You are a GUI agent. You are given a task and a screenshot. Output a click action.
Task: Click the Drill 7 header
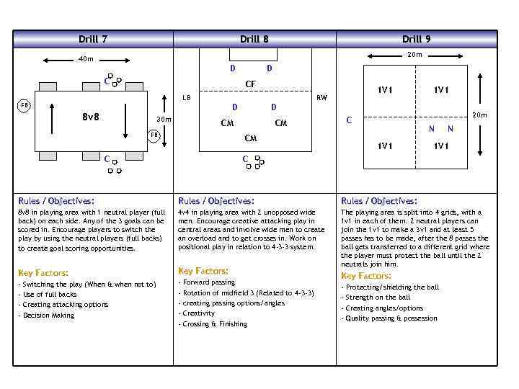click(x=93, y=39)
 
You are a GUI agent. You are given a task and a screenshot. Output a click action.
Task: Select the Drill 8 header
click(x=254, y=39)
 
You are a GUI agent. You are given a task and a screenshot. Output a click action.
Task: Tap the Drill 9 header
click(x=417, y=39)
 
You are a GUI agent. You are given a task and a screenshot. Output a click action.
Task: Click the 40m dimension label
click(x=86, y=59)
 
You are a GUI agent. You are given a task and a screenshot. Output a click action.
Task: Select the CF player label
click(x=251, y=84)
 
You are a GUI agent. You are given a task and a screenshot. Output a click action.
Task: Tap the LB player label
click(x=186, y=97)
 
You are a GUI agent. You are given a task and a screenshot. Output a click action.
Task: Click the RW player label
click(x=321, y=97)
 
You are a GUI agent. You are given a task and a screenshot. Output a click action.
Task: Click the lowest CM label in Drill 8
click(x=251, y=138)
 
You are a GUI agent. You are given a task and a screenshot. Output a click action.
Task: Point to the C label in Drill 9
click(x=349, y=120)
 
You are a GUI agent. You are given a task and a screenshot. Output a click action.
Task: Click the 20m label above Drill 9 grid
click(x=414, y=55)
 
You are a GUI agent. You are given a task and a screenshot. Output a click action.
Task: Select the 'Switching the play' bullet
click(x=86, y=285)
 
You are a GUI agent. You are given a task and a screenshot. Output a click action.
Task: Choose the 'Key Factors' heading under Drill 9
click(x=366, y=276)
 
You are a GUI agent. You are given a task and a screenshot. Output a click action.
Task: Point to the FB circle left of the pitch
click(x=25, y=105)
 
